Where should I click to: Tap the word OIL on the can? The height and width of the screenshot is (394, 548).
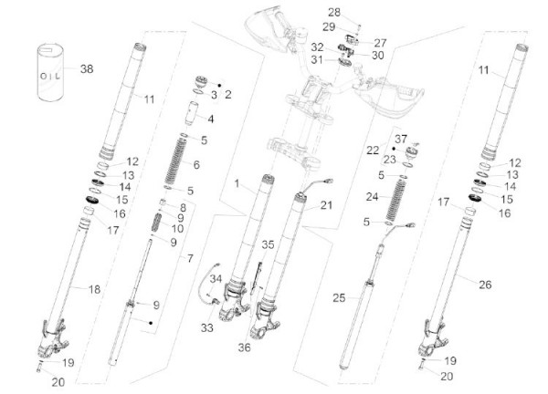(47, 74)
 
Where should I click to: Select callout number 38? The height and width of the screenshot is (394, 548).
(87, 69)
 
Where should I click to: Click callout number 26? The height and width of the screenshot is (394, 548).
(484, 285)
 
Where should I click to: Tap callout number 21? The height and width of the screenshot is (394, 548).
(326, 207)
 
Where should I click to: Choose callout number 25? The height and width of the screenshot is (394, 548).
(339, 297)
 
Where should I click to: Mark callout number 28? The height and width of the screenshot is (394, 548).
(333, 12)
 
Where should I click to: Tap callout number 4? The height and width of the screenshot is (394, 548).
(211, 119)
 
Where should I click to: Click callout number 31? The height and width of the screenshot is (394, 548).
(317, 60)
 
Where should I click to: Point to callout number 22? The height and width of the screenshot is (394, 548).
(372, 149)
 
